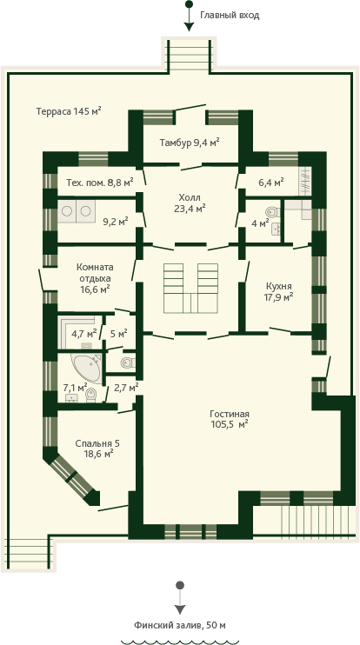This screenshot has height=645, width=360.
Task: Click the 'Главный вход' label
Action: coord(230,16)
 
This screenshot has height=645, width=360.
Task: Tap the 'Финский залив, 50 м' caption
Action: coord(180,626)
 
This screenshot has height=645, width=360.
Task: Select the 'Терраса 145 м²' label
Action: coord(69,111)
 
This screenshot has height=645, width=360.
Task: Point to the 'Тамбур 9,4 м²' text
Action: coord(190,143)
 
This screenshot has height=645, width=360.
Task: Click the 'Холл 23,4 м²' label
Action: coord(190,203)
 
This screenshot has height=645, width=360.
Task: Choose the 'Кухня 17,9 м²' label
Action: coord(279,291)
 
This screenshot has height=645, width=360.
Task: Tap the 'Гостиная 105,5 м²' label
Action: coord(230,419)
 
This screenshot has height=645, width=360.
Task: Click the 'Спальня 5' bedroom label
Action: coord(98,443)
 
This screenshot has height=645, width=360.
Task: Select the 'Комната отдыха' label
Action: coord(95,272)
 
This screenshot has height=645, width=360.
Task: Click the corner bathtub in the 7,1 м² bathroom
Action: coord(86,367)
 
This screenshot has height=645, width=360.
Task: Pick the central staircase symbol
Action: coord(190,288)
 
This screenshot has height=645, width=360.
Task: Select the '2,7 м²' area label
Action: coord(125,387)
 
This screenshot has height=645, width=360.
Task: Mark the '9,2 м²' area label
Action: coord(116,222)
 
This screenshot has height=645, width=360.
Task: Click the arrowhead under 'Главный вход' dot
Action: coord(189,27)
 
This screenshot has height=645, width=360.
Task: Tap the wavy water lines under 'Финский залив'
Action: coord(180,642)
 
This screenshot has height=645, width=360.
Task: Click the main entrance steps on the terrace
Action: coord(190,55)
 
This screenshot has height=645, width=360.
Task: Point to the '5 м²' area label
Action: coord(119,332)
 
